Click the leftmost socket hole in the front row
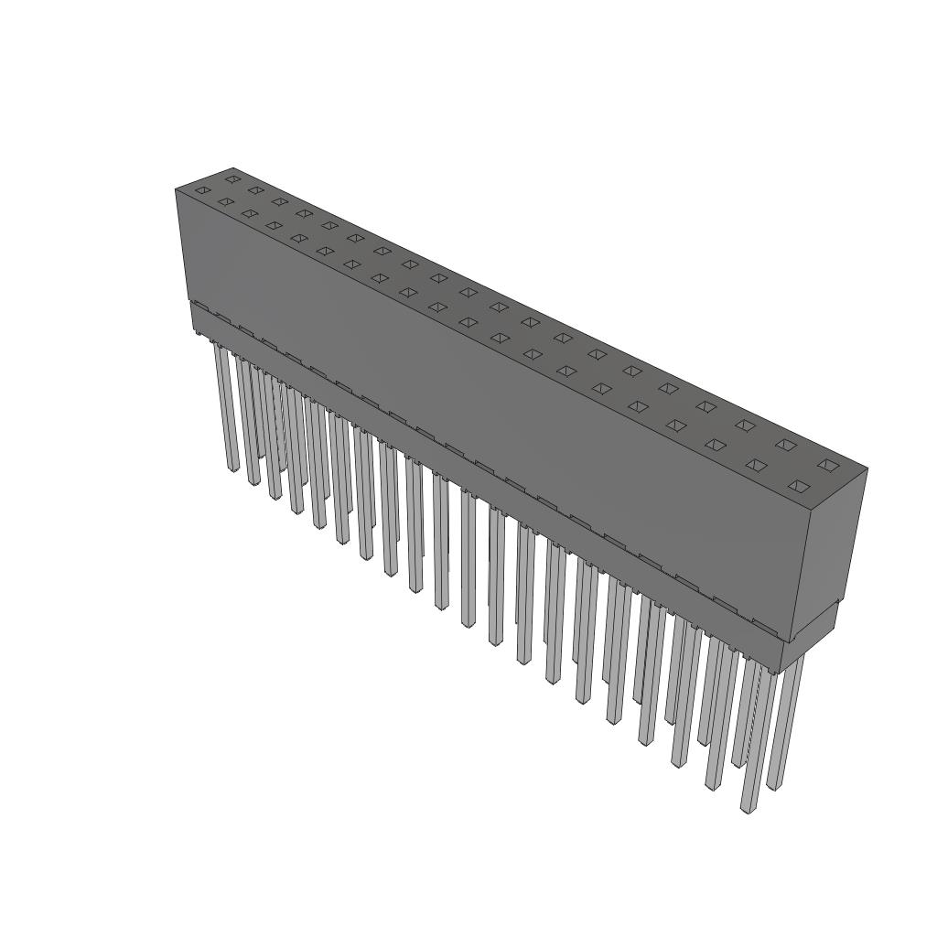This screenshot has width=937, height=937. pyautogui.click(x=203, y=190)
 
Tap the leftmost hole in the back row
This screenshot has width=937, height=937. pyautogui.click(x=232, y=178)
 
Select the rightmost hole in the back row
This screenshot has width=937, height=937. pyautogui.click(x=828, y=466)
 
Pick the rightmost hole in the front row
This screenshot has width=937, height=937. pyautogui.click(x=800, y=486)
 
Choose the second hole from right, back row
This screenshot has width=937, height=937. pyautogui.click(x=786, y=445)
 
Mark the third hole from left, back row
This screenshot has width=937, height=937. pyautogui.click(x=279, y=201)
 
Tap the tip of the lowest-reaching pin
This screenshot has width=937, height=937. pyautogui.click(x=749, y=809)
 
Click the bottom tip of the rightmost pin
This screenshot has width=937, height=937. pyautogui.click(x=775, y=785)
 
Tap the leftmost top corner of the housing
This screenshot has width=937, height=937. pyautogui.click(x=176, y=188)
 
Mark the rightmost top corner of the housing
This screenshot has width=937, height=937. pyautogui.click(x=867, y=468)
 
